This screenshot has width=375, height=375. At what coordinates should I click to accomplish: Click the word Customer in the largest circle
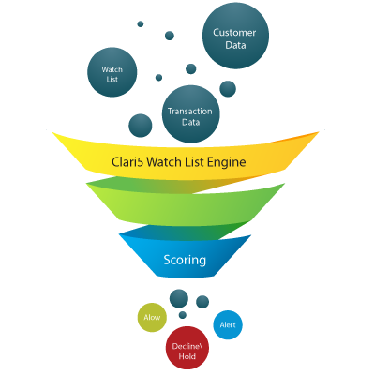click(234, 33)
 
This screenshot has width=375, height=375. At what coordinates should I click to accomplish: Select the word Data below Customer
click(235, 45)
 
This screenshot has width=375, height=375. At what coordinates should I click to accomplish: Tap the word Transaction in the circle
click(190, 112)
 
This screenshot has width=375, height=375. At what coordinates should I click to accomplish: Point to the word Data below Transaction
click(191, 122)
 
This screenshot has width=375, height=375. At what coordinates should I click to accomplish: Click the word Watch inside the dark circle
click(112, 69)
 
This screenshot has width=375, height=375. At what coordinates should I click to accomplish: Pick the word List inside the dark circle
click(112, 80)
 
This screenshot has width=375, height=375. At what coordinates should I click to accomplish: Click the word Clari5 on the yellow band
click(127, 162)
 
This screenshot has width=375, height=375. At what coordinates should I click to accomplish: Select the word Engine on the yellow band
click(227, 163)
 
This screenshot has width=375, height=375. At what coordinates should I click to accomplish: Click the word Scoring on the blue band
click(185, 260)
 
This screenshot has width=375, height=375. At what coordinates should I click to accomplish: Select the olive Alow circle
click(152, 317)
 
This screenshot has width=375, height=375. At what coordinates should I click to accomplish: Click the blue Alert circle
click(228, 325)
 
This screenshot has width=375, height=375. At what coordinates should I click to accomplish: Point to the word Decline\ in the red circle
click(186, 346)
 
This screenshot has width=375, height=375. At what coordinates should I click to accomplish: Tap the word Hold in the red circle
click(187, 356)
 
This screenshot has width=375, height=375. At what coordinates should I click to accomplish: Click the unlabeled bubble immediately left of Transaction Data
click(141, 126)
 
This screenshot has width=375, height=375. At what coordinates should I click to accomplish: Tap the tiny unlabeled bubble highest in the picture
click(141, 23)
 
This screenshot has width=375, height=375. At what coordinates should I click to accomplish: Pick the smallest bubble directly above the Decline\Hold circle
click(183, 315)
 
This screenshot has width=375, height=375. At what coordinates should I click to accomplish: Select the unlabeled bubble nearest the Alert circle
click(202, 302)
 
